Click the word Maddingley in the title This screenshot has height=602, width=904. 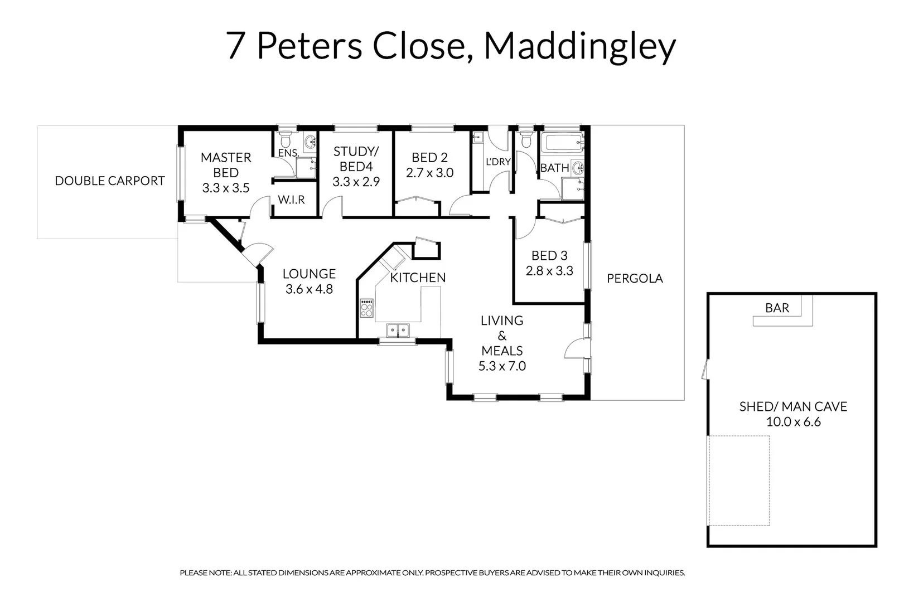(x=579, y=47)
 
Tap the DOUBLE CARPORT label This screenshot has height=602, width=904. (x=110, y=181)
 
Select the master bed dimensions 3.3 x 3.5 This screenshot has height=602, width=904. (x=226, y=188)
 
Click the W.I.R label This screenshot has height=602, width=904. (x=291, y=200)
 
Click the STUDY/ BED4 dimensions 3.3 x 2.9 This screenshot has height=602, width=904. (x=356, y=182)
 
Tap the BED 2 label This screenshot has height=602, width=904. (x=429, y=158)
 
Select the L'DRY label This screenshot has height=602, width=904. (x=498, y=162)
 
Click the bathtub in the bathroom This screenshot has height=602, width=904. (x=562, y=143)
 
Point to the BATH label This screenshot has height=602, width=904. (x=554, y=168)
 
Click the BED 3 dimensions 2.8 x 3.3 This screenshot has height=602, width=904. (x=549, y=271)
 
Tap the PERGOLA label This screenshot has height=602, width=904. (x=635, y=279)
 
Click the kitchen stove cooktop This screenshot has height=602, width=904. (x=366, y=308)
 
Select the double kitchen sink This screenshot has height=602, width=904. (x=398, y=331)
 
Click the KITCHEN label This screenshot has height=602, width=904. (x=418, y=278)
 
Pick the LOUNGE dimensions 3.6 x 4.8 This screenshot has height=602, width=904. (x=309, y=289)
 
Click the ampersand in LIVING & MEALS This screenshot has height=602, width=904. (x=502, y=336)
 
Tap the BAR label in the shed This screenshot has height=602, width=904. (x=777, y=308)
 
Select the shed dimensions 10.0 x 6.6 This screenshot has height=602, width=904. (x=793, y=422)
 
